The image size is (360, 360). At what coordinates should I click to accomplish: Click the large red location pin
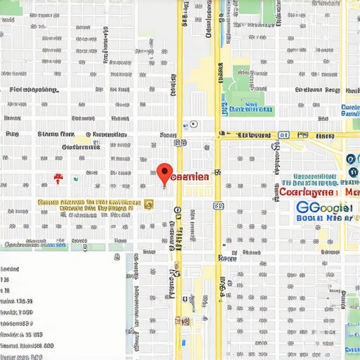pos(165,172)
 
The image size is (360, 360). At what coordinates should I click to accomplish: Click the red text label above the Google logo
pos(318,191)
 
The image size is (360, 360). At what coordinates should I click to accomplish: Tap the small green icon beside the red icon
pos(73,179)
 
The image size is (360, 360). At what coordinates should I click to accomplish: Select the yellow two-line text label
pos(86,205)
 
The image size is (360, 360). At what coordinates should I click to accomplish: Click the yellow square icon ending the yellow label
pos(148,205)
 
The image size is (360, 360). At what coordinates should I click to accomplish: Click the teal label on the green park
pos(250,109)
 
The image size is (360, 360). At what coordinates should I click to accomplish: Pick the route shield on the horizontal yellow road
pos(283,134)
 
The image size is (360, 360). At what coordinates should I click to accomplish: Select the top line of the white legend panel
pos(11,269)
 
